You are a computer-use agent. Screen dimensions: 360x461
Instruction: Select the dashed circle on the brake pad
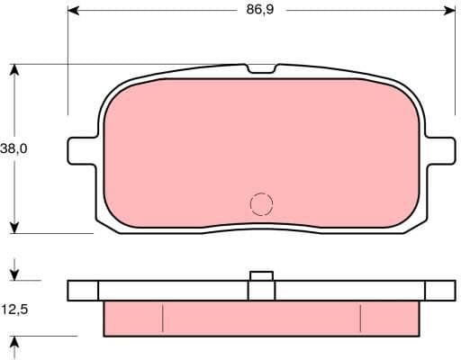point(261,204)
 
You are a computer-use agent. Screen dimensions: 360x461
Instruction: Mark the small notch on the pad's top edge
point(261,69)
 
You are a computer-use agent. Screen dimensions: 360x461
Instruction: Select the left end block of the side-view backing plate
point(83,290)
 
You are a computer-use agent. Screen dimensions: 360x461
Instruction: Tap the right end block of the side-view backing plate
point(439,290)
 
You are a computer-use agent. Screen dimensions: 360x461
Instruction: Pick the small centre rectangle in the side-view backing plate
point(261,290)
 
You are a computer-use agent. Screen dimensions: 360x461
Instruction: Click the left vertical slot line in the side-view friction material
point(162,318)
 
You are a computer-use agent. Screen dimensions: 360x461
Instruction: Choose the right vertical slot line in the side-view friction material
point(360,318)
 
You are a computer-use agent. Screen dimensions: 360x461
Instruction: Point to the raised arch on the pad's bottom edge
point(261,224)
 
